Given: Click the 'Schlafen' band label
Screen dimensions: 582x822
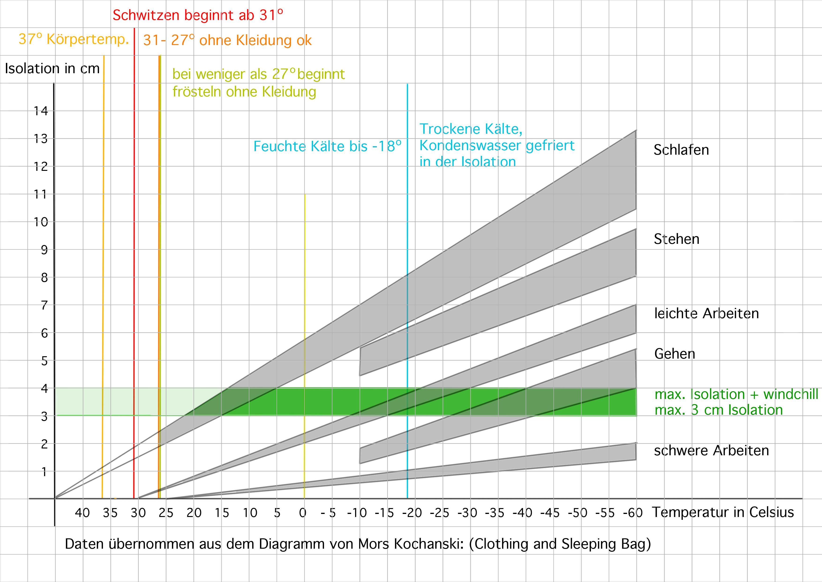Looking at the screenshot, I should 681,150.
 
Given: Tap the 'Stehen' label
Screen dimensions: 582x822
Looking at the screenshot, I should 676,239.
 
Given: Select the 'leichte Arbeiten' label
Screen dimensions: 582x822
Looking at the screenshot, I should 706,314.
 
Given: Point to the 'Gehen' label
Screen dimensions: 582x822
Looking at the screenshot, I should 675,354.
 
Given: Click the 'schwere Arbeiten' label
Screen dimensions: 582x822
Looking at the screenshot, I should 711,451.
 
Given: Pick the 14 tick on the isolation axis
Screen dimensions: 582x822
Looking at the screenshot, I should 41,111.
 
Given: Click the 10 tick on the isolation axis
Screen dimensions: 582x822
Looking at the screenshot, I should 41,222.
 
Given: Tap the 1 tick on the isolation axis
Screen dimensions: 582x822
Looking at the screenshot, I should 44,472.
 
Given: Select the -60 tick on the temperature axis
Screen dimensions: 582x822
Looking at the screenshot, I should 633,513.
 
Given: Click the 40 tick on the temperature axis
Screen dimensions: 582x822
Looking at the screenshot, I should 82,513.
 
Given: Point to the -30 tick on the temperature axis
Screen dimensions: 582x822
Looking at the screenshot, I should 467,513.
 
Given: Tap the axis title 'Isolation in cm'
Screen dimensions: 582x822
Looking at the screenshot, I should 52,69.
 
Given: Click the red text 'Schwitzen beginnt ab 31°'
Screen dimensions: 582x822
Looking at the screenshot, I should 198,15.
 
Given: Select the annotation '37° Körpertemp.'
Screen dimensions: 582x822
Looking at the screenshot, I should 73,39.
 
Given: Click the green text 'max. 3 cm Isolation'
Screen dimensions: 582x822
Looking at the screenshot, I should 719,410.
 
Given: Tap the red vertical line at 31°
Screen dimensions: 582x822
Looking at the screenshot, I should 134,251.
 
